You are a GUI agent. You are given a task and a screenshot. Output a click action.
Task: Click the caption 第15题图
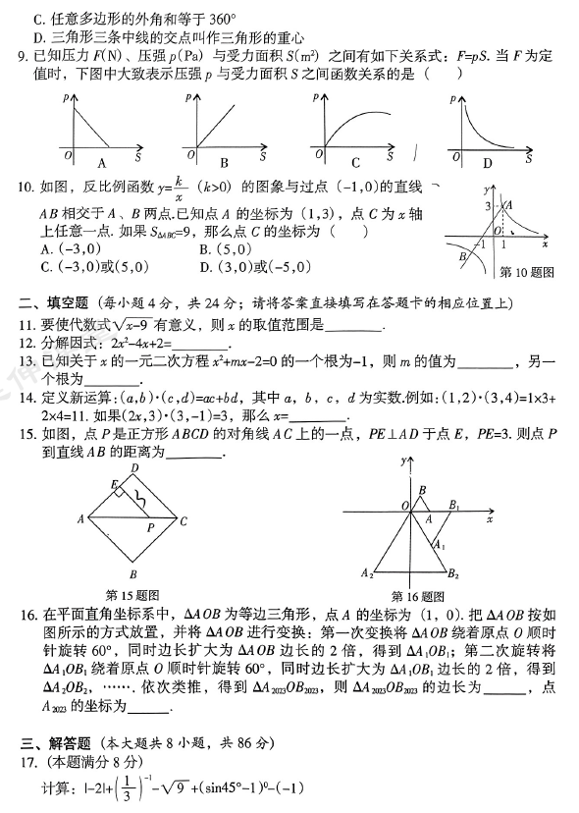point(132,594)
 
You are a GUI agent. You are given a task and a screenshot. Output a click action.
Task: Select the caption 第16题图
point(418,595)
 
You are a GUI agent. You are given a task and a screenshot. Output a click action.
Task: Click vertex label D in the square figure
point(135,469)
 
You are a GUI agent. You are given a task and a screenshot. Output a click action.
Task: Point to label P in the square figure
point(150,526)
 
